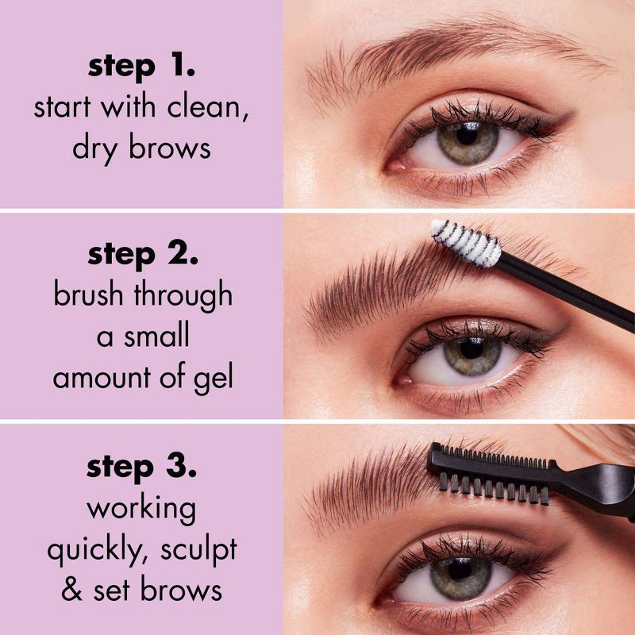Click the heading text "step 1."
tap(141, 67)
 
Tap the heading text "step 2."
tap(141, 256)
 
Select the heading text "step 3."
tap(141, 467)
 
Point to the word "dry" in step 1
tap(94, 148)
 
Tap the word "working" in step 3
tap(141, 508)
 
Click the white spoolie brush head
tap(467, 243)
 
